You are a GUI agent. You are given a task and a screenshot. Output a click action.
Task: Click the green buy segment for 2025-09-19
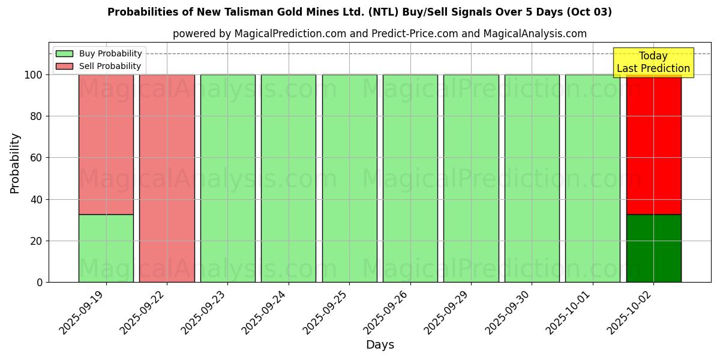click(x=106, y=248)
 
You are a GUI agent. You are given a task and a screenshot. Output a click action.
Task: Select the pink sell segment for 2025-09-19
click(x=106, y=144)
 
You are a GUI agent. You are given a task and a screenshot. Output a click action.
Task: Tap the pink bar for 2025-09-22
click(x=167, y=178)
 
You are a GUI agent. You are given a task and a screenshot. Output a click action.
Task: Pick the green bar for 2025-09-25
click(x=349, y=178)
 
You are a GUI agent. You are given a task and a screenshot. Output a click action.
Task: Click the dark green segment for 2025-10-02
click(x=653, y=248)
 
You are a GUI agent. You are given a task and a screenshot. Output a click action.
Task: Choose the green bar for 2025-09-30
click(x=532, y=178)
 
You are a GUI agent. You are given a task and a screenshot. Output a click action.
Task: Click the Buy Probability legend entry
click(x=98, y=54)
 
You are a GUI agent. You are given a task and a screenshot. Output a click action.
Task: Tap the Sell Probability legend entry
click(x=98, y=66)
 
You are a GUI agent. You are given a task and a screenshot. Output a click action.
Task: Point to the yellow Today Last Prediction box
click(x=653, y=62)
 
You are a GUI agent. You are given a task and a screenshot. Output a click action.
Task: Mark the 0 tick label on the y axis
click(x=39, y=282)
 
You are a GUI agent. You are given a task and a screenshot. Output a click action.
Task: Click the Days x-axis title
click(x=380, y=345)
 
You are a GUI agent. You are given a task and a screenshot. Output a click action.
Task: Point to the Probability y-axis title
click(x=15, y=163)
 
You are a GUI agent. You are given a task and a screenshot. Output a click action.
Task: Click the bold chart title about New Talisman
click(x=359, y=12)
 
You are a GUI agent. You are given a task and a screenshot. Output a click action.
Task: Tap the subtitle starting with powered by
click(x=379, y=34)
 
